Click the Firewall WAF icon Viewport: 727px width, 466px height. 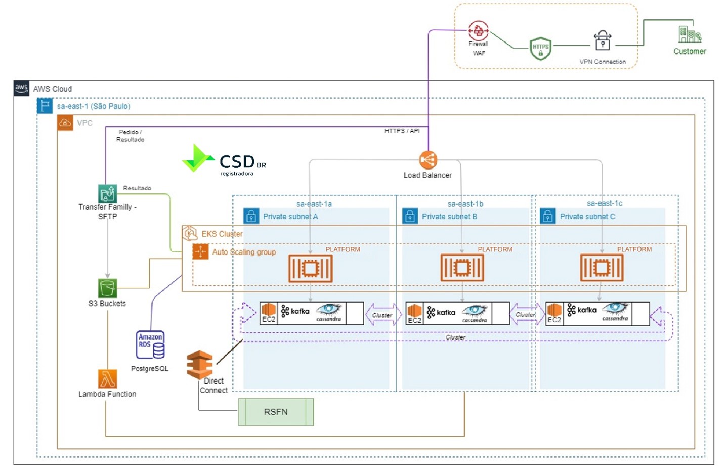tap(478, 31)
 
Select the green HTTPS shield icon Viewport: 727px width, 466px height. tap(540, 49)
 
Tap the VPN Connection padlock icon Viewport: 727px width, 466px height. tap(602, 41)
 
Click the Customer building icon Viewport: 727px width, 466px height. tap(689, 34)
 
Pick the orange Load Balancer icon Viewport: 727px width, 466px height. tap(428, 160)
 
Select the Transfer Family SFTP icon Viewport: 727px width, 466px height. tap(107, 194)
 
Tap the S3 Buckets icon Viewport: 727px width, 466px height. tap(107, 288)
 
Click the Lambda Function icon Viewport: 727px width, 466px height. tap(107, 379)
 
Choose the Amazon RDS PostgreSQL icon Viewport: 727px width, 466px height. tap(150, 345)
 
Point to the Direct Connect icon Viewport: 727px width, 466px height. tap(199, 364)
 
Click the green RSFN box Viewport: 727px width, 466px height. tap(276, 412)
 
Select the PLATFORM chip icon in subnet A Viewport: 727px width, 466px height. tap(310, 268)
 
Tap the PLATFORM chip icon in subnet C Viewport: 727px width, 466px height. tap(602, 268)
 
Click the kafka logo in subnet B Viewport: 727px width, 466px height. tap(441, 312)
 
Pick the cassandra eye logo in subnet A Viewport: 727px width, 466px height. tap(329, 310)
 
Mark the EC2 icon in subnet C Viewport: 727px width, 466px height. tap(554, 310)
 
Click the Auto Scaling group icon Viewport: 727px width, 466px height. tap(200, 251)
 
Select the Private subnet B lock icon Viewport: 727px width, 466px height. tap(410, 217)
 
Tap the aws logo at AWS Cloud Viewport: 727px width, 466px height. tap(21, 88)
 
